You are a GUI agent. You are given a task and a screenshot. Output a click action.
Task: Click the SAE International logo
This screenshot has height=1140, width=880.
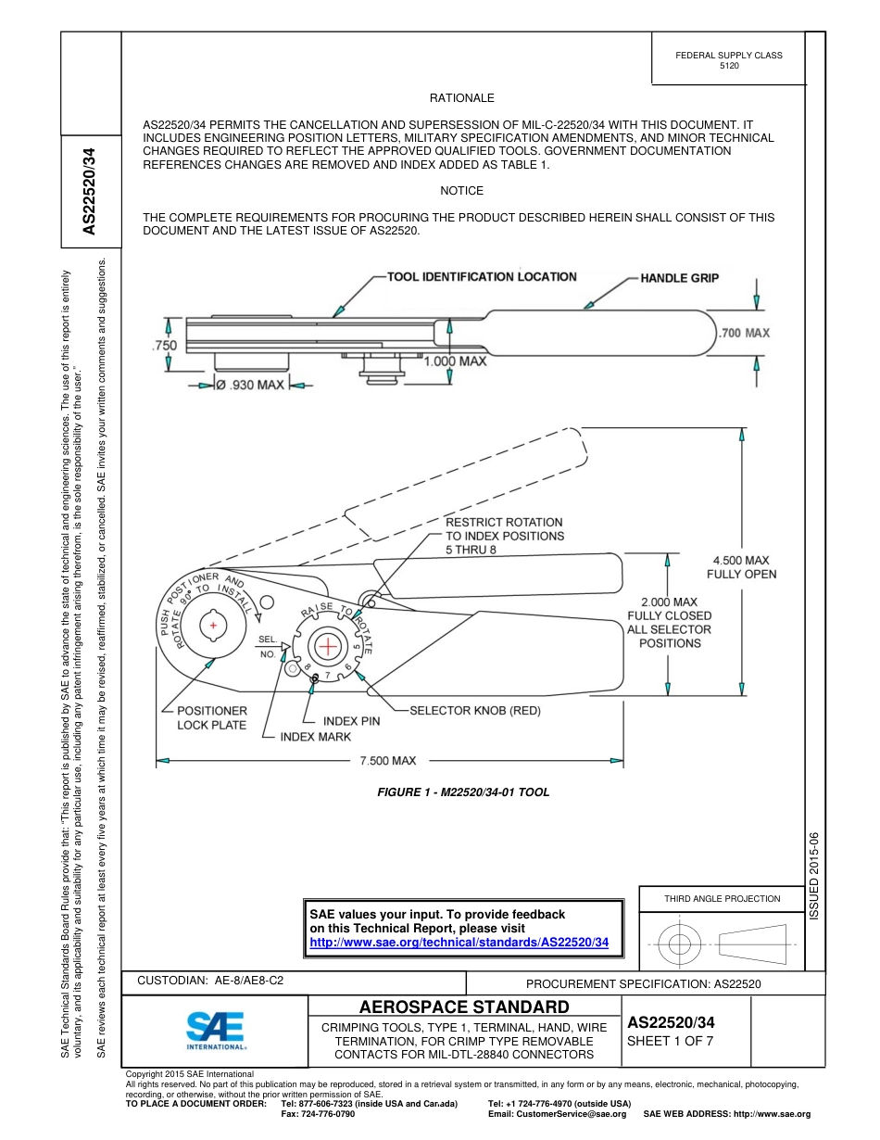click(216, 1029)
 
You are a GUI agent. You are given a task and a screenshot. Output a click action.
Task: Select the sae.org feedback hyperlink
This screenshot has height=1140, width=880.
click(459, 943)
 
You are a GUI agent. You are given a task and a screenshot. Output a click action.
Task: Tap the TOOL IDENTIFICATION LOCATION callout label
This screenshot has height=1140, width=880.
click(481, 276)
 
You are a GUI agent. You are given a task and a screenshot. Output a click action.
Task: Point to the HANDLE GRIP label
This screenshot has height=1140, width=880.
click(679, 278)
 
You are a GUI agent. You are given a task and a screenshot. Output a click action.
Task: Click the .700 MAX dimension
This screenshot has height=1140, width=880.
click(744, 332)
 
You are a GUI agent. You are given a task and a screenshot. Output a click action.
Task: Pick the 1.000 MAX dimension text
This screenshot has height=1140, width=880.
click(455, 361)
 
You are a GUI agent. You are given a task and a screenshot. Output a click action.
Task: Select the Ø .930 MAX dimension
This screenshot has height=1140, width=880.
click(244, 385)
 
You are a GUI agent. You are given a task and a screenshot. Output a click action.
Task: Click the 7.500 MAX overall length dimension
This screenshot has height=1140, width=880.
click(388, 761)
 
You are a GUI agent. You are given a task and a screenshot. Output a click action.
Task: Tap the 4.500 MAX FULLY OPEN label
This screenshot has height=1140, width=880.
click(741, 567)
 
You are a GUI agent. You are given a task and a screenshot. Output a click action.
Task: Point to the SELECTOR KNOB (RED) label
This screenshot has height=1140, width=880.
click(474, 711)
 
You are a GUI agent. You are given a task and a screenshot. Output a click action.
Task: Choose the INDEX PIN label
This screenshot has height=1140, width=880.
click(351, 721)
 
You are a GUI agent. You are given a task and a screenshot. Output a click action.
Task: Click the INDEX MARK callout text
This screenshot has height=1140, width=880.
click(316, 737)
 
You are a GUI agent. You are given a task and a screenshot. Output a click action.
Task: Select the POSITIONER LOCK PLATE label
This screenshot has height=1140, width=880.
click(212, 718)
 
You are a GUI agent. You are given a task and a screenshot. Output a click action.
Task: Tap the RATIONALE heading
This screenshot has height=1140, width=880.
click(461, 98)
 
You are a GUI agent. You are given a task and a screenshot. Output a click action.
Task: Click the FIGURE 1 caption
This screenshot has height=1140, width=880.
click(463, 792)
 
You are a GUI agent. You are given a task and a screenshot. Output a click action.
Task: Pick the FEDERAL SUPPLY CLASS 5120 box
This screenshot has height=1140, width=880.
click(728, 60)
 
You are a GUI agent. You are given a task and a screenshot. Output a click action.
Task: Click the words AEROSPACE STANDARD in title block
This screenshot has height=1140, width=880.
click(464, 1007)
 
